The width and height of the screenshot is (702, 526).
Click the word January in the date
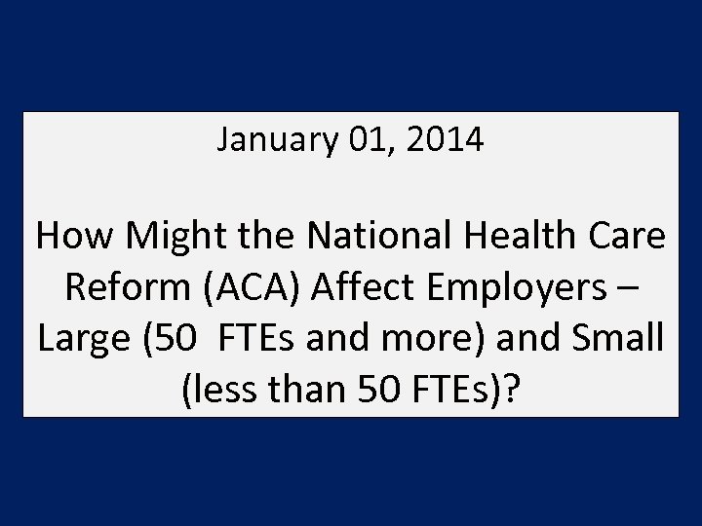(277, 141)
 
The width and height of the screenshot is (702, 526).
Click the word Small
(614, 340)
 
